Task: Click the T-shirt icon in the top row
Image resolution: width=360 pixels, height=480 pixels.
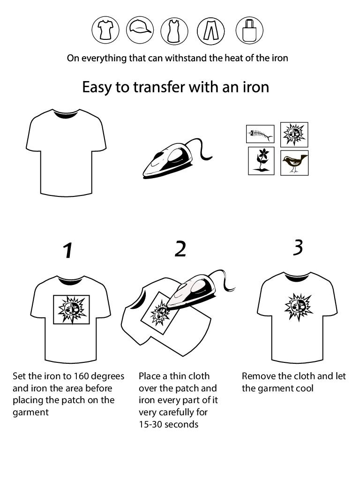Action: point(105,30)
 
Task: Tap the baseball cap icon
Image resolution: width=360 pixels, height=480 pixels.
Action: point(140,30)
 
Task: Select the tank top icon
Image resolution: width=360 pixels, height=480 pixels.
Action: point(174,30)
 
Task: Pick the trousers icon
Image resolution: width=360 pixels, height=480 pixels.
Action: point(210,30)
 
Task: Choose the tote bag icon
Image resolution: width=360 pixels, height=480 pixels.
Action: point(249,30)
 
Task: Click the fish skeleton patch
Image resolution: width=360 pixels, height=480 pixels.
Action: point(260,134)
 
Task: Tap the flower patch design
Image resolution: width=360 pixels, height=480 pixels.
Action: point(261,161)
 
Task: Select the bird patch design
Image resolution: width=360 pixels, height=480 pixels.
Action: point(294,163)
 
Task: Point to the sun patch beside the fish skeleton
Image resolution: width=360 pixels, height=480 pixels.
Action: point(294,135)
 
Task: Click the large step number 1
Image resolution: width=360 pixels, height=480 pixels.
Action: point(68,250)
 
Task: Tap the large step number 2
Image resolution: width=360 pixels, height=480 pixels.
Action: point(180,248)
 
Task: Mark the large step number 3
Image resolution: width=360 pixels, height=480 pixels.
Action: point(298,247)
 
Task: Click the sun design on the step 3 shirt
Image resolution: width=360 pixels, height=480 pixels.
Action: point(298,307)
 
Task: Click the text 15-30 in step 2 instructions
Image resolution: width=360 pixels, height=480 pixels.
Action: point(150,424)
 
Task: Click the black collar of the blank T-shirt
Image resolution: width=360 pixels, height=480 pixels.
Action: point(66,114)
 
